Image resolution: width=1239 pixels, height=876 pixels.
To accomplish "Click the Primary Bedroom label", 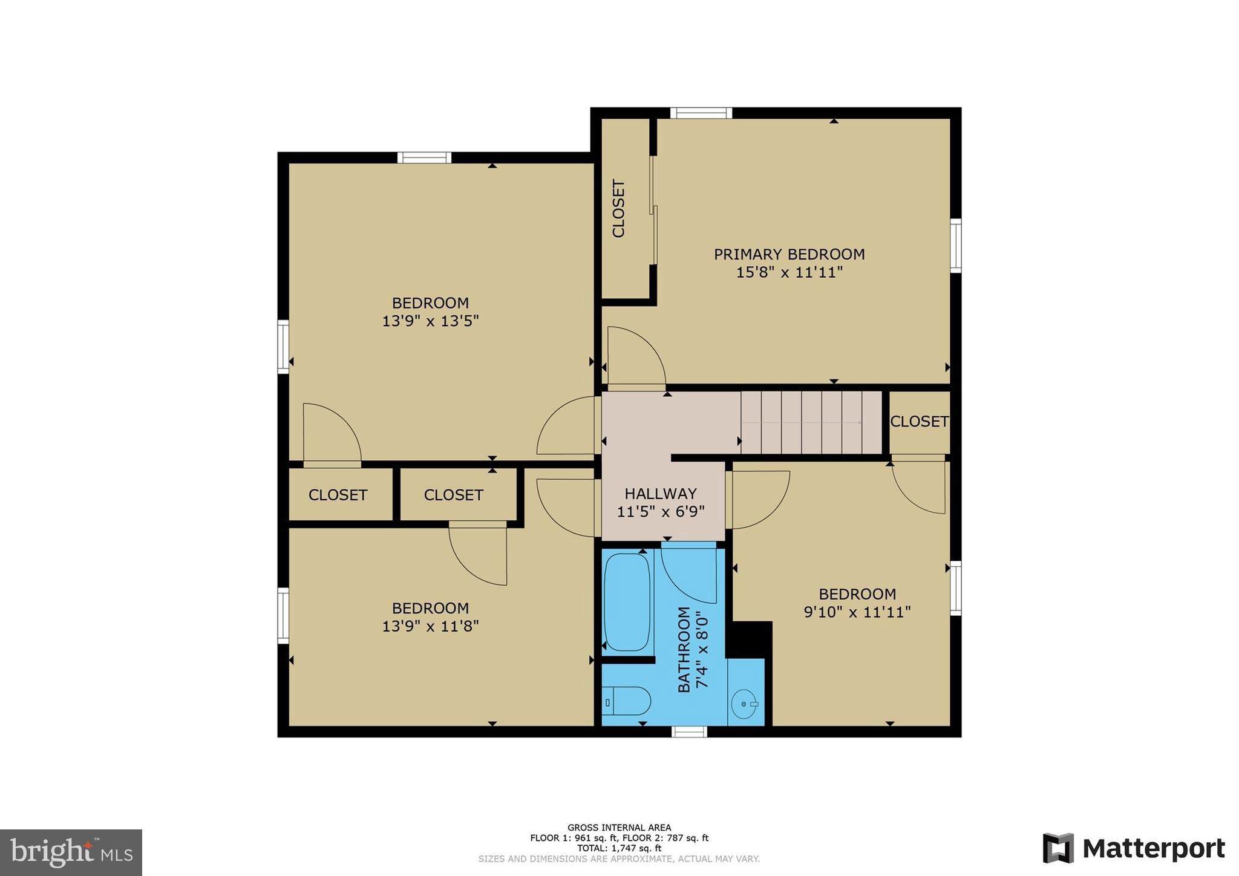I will (x=789, y=254).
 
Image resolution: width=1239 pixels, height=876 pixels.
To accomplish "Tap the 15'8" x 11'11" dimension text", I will (x=789, y=272).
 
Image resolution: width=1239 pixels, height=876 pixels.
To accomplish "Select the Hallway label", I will (x=661, y=494).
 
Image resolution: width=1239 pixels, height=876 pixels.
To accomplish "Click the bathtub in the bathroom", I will (x=627, y=602).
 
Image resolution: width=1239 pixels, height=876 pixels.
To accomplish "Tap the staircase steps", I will (x=811, y=422).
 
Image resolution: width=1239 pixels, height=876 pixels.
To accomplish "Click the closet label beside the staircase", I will (x=919, y=422).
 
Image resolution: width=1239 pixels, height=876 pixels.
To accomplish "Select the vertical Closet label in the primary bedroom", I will (x=618, y=208).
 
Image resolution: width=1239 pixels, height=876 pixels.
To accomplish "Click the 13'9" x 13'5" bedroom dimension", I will (x=430, y=321).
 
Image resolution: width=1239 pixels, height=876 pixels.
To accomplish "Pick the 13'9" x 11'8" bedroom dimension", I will (x=430, y=626).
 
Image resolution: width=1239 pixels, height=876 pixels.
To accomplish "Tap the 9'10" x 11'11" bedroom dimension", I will (x=857, y=612).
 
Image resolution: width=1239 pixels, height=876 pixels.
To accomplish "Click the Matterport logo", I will (x=1134, y=848).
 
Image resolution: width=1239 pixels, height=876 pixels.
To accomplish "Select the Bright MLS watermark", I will (x=71, y=852).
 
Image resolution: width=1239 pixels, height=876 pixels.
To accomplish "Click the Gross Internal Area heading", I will (x=619, y=828).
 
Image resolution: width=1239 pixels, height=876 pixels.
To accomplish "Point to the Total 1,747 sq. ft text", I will (x=619, y=848).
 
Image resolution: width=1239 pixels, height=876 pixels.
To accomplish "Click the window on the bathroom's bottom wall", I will (x=689, y=732).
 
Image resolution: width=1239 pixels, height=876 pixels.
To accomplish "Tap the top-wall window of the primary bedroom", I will (x=701, y=113).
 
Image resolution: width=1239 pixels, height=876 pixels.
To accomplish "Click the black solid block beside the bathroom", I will (x=749, y=639).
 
